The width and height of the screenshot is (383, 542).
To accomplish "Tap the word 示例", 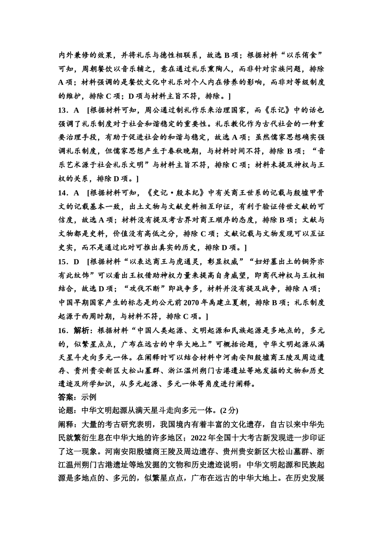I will click(89, 397).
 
